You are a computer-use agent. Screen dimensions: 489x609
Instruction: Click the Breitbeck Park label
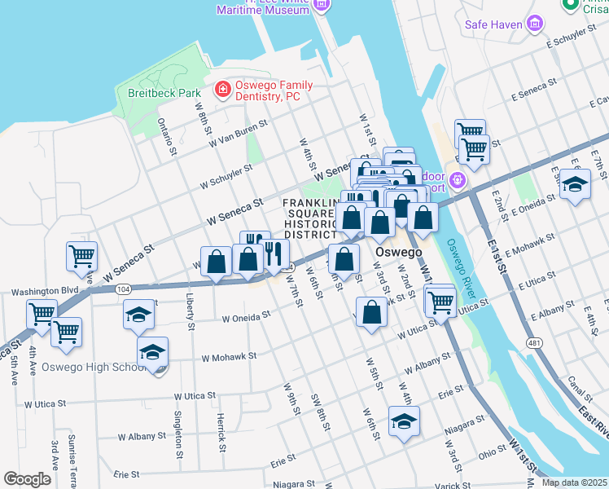point(164,93)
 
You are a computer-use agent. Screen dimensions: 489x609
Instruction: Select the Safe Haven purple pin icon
point(535,23)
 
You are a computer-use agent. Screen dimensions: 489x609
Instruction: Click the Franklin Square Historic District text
point(310,218)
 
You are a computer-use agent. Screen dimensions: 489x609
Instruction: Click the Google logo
point(28,479)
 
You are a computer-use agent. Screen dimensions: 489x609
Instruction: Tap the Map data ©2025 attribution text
point(574,482)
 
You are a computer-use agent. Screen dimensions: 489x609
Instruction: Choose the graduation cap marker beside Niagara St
point(403,421)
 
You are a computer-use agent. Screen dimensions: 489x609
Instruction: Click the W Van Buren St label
point(238,135)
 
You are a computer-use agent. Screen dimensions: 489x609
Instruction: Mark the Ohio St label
point(492,448)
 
